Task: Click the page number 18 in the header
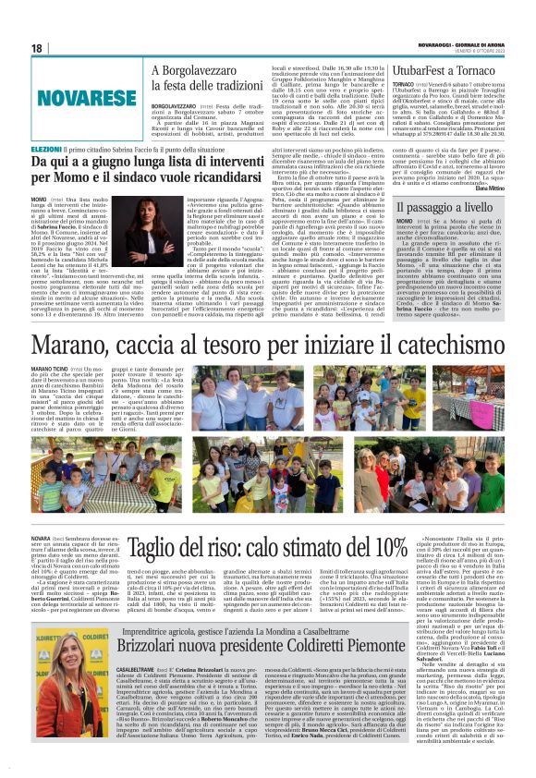(x=37, y=47)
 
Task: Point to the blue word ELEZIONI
(x=47, y=148)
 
